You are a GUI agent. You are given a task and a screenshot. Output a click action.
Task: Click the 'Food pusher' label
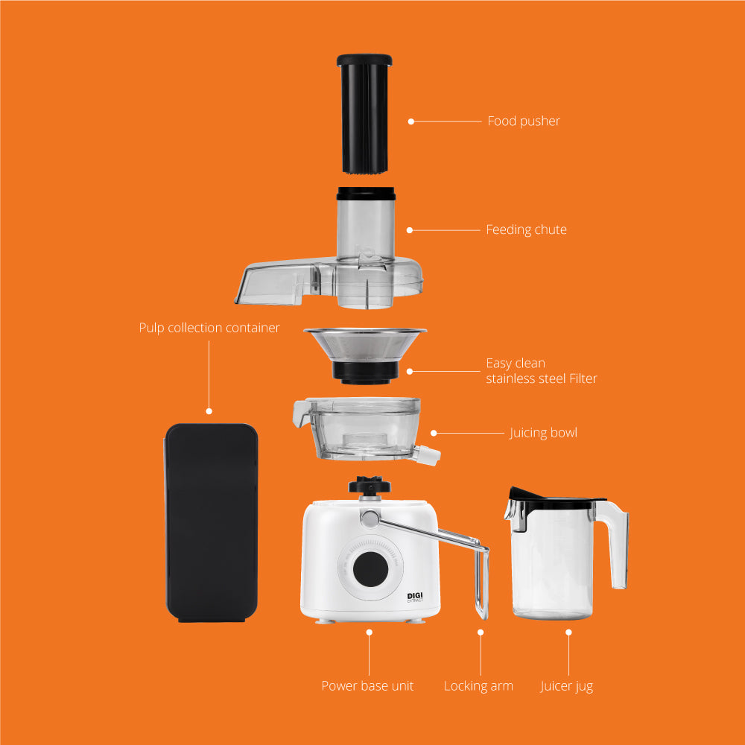(524, 121)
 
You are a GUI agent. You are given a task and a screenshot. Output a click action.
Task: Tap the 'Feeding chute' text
(526, 230)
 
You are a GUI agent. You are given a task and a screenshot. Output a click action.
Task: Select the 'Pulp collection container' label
(209, 328)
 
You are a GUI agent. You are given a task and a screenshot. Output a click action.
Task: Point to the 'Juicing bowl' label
(543, 434)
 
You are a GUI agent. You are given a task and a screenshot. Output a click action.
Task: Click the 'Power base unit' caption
(367, 685)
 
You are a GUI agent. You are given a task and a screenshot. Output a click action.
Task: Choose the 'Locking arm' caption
(478, 686)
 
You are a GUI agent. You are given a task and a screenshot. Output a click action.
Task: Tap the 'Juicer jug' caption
(566, 687)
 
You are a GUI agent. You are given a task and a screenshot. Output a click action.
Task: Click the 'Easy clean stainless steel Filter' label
(541, 370)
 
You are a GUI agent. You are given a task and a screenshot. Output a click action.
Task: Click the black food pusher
(364, 113)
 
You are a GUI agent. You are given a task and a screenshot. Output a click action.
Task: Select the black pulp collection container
(211, 523)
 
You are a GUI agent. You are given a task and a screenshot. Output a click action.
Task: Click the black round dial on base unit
(370, 569)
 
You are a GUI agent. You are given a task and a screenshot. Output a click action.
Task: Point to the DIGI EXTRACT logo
(415, 597)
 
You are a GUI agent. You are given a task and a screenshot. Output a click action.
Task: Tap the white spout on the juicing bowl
(427, 454)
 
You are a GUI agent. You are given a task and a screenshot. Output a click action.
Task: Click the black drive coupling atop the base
(370, 485)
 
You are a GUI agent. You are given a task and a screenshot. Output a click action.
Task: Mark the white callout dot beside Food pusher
(411, 121)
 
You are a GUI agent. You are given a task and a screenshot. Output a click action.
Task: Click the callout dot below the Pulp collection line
(209, 411)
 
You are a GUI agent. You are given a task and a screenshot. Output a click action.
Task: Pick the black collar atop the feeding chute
(366, 194)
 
